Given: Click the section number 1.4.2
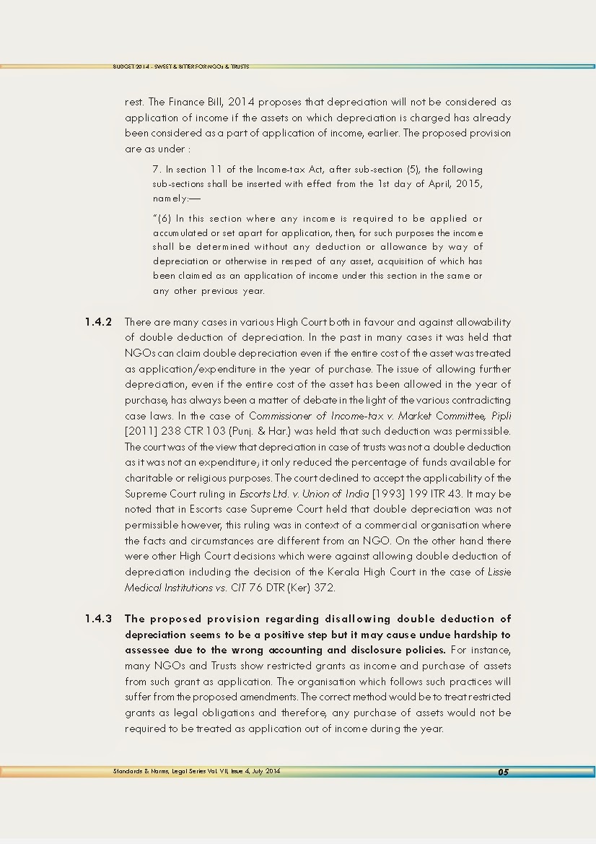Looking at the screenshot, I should coord(98,322).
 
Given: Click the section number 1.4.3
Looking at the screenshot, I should coord(98,619).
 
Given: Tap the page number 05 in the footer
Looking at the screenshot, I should coord(503,772).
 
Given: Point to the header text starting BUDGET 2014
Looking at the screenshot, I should coord(180,66).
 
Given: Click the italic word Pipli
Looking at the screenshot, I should coord(500,416).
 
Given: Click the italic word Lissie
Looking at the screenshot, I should coord(499,573).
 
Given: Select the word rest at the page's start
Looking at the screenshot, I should coord(134,102).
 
